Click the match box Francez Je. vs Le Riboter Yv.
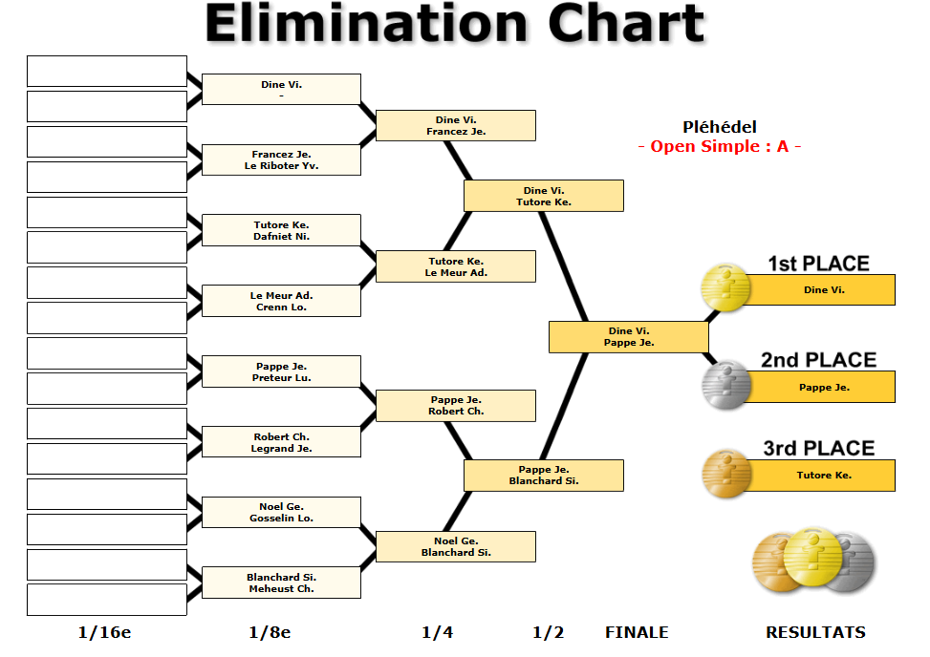pos(281,160)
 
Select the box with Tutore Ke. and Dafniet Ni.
pos(281,230)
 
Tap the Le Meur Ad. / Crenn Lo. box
pos(281,301)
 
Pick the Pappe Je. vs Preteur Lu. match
pos(281,371)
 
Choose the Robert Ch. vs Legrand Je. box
pos(281,442)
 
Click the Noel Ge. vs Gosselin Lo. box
pos(281,513)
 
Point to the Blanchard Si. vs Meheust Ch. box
pos(281,583)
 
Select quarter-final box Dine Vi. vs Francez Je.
pos(455,126)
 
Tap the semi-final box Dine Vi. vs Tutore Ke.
pos(543,196)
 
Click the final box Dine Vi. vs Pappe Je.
pos(628,337)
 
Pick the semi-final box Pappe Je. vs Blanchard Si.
pos(543,476)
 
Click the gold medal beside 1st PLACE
pos(726,288)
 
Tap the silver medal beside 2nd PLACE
pos(726,386)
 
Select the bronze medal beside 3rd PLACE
pos(726,475)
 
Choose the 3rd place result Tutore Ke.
pos(823,476)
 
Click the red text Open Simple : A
pos(719,146)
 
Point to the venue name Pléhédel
pos(719,127)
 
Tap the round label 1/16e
pos(104,632)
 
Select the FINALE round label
pos(637,632)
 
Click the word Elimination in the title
pos(366,24)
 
